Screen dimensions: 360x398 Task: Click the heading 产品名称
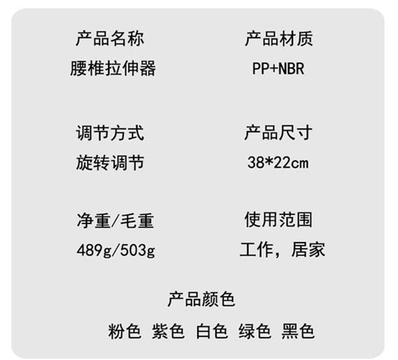click(110, 38)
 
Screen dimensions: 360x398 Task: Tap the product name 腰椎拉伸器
click(113, 68)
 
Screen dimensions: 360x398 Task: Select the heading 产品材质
click(279, 38)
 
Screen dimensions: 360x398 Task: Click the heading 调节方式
click(110, 133)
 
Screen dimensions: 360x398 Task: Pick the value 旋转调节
click(110, 162)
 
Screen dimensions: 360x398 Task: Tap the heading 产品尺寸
click(278, 133)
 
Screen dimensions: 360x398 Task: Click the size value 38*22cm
click(278, 163)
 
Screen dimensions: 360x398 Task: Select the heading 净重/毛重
click(115, 220)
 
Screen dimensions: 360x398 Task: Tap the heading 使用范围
click(278, 220)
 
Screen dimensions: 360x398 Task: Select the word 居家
click(308, 250)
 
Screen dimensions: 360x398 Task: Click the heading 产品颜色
click(201, 300)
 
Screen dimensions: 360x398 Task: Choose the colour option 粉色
click(124, 331)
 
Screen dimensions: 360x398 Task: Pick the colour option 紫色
click(168, 331)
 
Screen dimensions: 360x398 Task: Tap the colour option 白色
click(212, 331)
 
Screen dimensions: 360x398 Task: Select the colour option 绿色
click(254, 331)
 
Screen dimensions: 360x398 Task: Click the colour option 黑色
click(298, 331)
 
